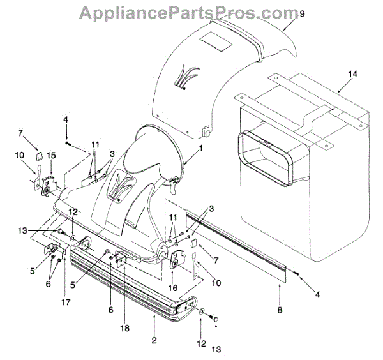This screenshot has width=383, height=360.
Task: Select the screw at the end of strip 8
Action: point(297,273)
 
